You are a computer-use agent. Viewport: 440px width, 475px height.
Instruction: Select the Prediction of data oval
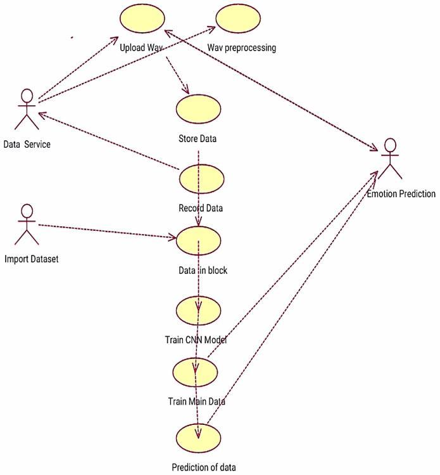(199, 439)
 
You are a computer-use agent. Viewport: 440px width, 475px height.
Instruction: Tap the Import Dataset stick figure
(26, 225)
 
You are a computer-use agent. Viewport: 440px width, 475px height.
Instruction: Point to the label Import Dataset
(32, 259)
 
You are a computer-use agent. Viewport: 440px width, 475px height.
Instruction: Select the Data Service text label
(27, 145)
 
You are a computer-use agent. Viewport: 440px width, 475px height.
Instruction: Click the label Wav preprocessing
(242, 48)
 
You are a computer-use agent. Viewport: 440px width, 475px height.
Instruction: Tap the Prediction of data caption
(204, 468)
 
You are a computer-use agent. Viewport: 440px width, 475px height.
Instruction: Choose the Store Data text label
(198, 139)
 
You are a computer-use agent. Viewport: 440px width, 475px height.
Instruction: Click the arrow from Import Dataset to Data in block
(108, 231)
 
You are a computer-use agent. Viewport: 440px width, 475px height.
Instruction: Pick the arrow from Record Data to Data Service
(108, 140)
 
